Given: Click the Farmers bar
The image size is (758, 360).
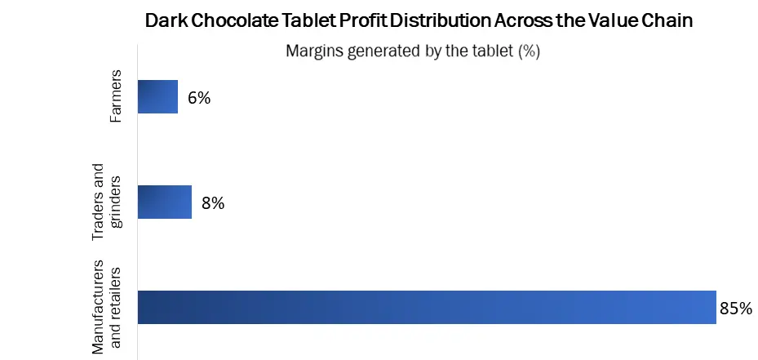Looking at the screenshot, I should click(157, 96).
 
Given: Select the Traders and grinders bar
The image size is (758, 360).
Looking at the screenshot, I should click(164, 202).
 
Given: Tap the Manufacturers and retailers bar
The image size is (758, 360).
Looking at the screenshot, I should click(426, 308).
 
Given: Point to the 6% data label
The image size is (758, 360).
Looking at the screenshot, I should click(199, 98).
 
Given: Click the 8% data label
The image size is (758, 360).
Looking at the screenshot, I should click(212, 203).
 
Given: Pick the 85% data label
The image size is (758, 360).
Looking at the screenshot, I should click(736, 309).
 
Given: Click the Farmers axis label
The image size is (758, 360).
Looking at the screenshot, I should click(116, 96).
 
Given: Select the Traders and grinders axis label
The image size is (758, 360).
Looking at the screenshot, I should click(105, 202).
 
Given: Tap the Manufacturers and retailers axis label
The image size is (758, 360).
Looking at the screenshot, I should click(105, 307).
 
